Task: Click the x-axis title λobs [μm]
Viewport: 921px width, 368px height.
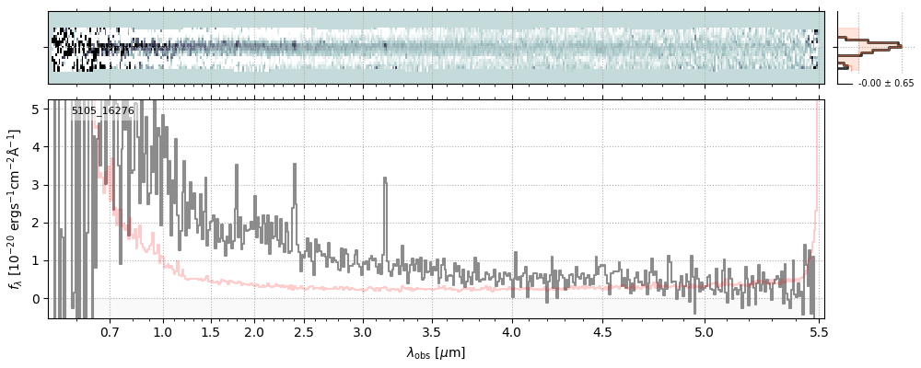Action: tap(436, 352)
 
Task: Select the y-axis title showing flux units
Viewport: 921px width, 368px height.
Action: tap(15, 209)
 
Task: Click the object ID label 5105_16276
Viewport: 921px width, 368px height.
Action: tap(103, 111)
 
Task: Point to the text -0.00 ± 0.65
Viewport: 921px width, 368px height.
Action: tap(885, 83)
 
